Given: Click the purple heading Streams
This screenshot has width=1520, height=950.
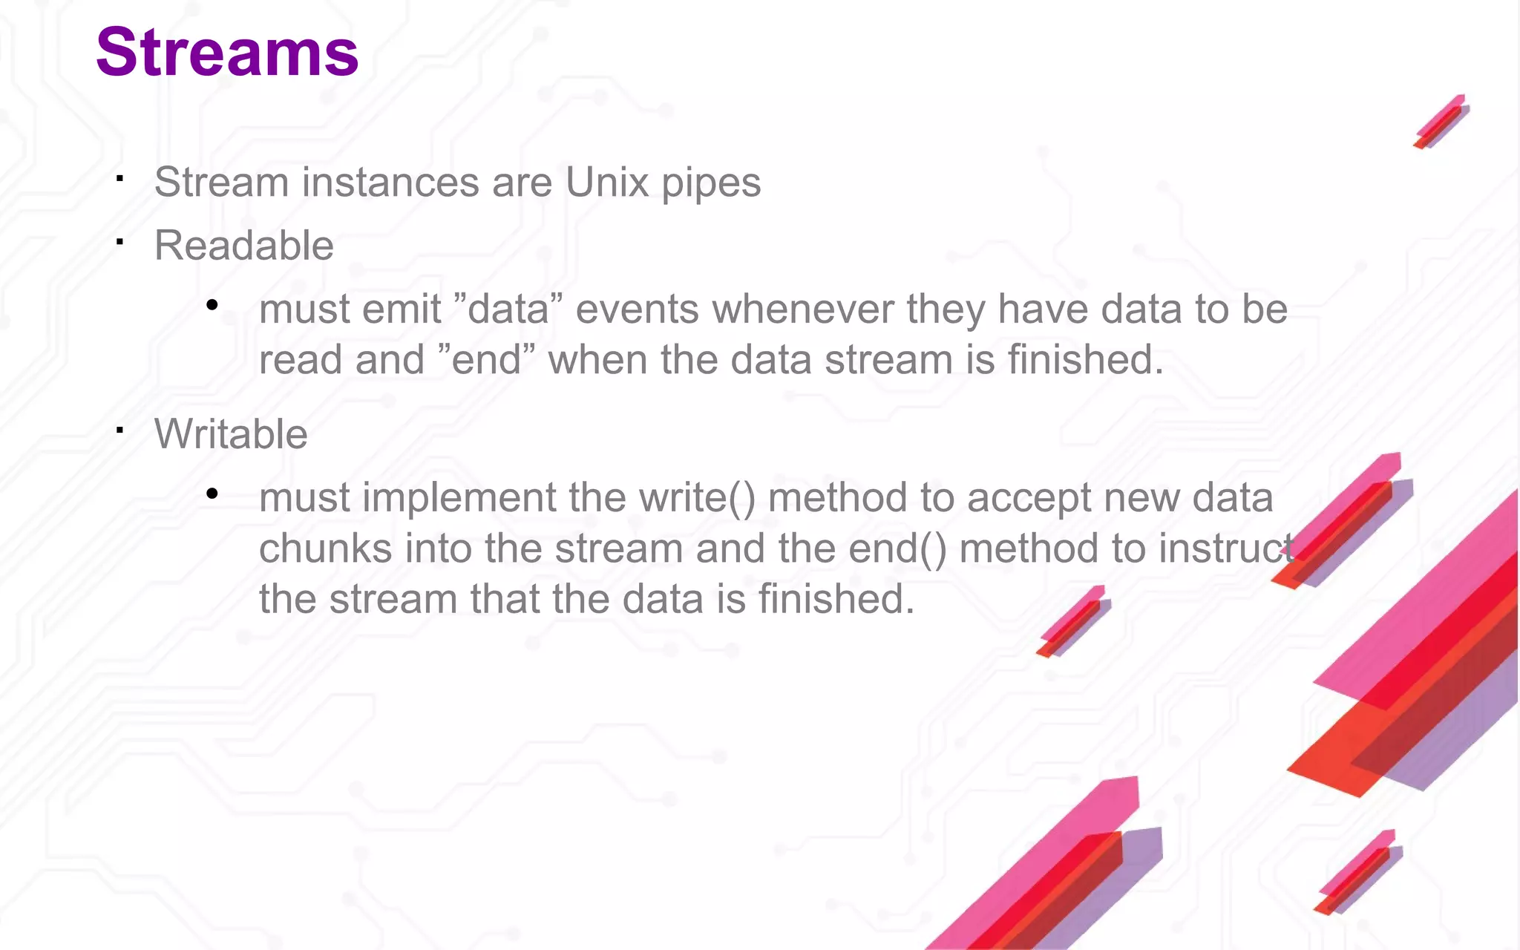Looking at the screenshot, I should point(227,52).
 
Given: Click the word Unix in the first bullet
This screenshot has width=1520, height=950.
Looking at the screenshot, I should point(607,183).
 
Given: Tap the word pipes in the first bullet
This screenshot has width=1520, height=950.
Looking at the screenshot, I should point(711,184).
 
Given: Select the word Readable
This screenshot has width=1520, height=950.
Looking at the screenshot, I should point(244,246).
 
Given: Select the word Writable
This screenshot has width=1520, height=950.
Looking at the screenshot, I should point(231,434).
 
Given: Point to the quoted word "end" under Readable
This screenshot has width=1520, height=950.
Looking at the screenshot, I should point(487,360).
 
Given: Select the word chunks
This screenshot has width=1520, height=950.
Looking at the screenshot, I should point(325,548).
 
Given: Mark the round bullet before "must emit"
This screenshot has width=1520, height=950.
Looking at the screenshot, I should point(212,305).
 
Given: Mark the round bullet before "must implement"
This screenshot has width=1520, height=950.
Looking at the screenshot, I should point(212,494).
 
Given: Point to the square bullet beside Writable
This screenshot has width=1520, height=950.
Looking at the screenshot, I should point(119,429).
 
